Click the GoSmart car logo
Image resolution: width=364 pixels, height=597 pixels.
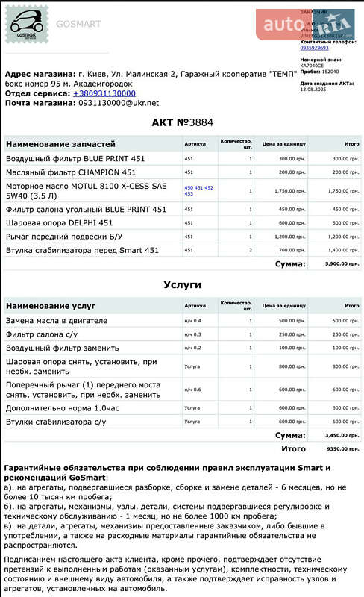25,25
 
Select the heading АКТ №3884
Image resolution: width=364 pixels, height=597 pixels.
182,122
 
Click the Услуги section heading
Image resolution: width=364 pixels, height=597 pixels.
182,284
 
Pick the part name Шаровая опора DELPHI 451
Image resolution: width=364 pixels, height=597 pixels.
60,222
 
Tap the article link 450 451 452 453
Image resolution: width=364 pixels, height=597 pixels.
198,190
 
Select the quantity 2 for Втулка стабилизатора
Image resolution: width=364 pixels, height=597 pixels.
251,250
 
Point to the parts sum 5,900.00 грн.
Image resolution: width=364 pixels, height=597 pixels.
342,263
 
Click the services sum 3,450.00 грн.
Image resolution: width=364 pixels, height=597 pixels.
342,434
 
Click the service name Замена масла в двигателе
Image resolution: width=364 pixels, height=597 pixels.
57,320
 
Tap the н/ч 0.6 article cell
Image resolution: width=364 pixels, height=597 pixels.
192,390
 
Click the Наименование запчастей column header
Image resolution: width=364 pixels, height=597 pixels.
60,143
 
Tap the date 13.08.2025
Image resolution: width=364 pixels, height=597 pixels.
314,89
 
